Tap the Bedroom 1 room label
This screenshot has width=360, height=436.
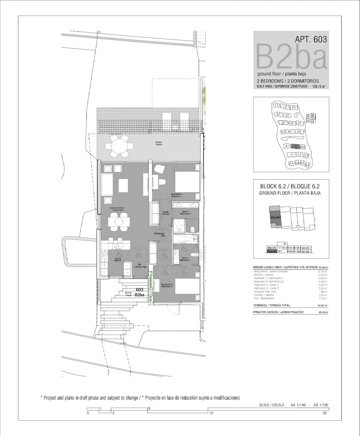point(177,195)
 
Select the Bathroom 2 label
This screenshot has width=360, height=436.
point(185,259)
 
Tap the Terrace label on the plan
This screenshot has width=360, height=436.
point(158,143)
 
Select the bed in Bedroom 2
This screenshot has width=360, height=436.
point(187,286)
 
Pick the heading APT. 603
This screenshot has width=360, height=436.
point(311,39)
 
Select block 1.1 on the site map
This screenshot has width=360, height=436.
point(276,105)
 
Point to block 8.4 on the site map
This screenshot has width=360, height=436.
point(308,165)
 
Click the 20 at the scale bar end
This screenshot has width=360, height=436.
point(324,413)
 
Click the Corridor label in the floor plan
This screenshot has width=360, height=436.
point(166,213)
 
